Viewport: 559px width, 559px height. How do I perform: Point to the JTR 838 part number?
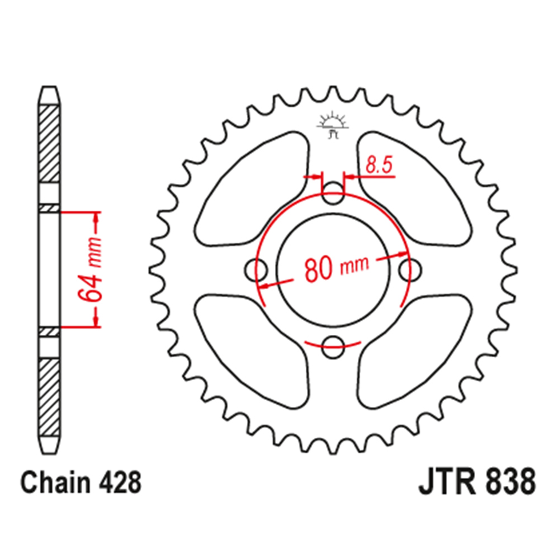click(x=477, y=482)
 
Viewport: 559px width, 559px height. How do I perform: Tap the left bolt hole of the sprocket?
click(x=257, y=269)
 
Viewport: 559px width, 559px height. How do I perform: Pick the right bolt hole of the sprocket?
click(x=409, y=269)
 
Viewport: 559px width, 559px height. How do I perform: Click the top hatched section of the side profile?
click(x=50, y=143)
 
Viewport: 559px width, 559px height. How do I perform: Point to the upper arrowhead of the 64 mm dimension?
click(x=96, y=219)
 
